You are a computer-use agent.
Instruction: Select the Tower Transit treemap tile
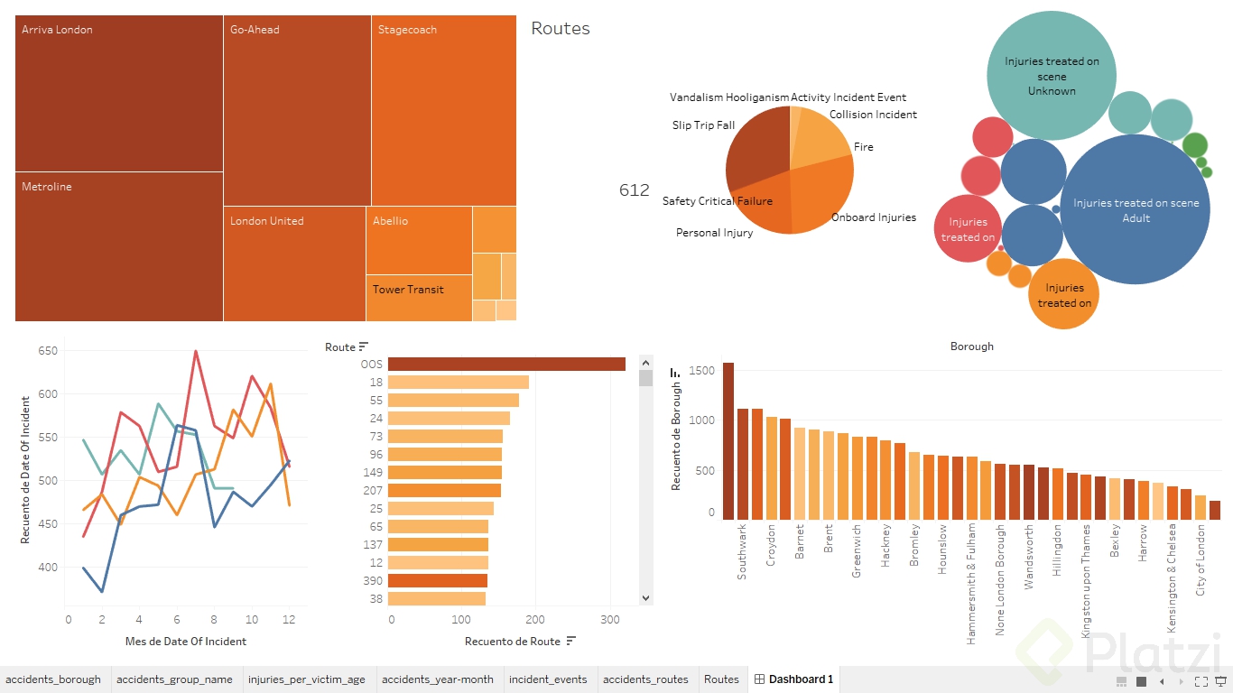click(x=419, y=298)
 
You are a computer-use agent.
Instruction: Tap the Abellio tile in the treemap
click(x=419, y=240)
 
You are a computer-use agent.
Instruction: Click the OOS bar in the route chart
click(x=507, y=365)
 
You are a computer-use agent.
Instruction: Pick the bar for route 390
click(x=439, y=581)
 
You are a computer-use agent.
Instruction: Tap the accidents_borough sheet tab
click(x=53, y=679)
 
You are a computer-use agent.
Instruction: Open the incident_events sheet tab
click(x=548, y=679)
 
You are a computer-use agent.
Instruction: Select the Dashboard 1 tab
click(x=794, y=679)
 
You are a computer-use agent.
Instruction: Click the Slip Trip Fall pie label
click(x=703, y=125)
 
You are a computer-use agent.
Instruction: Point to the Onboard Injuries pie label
click(x=873, y=217)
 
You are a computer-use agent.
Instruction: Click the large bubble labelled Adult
click(x=1136, y=210)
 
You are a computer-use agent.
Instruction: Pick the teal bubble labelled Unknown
click(x=1052, y=76)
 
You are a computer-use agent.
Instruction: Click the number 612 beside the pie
click(x=634, y=190)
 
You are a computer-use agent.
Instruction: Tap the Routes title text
click(x=561, y=29)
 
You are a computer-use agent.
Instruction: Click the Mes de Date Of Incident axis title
click(x=186, y=642)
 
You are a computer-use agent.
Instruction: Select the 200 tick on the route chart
click(x=535, y=620)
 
